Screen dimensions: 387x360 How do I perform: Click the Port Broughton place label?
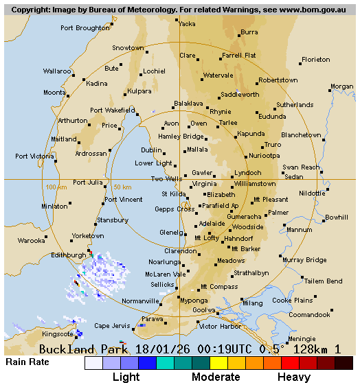click(85, 28)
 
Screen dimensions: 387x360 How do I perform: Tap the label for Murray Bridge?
click(304, 260)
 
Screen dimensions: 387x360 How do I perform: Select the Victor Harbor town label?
click(220, 326)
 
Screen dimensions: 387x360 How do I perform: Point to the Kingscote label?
click(57, 334)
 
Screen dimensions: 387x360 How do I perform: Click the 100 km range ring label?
click(56, 187)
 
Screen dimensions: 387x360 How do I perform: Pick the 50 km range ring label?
click(122, 187)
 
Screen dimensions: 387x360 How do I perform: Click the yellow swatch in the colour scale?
click(218, 363)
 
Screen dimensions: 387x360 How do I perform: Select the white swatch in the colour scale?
click(93, 363)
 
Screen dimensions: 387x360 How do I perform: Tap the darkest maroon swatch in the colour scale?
click(344, 363)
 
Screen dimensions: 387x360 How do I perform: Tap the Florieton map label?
click(315, 60)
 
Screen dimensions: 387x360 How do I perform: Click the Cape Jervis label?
click(111, 325)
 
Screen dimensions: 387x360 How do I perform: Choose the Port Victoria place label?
click(34, 156)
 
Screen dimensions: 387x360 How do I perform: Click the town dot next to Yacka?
click(177, 20)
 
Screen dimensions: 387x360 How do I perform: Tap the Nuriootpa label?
click(264, 155)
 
